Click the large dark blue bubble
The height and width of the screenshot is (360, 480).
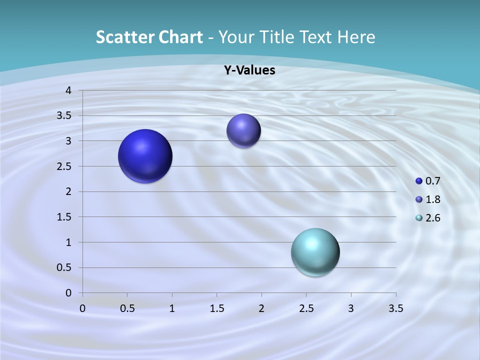coord(145,156)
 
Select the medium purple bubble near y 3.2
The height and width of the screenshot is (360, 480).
coord(243,130)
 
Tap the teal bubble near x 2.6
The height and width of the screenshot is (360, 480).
coord(315,252)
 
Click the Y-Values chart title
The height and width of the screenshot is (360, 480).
coord(249,70)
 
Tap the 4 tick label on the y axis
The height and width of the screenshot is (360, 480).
coord(68,90)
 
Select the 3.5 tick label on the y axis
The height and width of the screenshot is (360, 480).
coord(65,115)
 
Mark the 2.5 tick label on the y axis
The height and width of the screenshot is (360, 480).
coord(65,166)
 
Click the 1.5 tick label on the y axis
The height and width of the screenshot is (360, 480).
coord(65,217)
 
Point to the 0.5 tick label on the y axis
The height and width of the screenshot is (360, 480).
coord(65,267)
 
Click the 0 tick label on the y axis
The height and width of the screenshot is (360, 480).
coord(68,293)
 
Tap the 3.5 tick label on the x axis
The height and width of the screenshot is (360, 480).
coord(395,308)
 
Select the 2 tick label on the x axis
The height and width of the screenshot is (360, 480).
coord(261,308)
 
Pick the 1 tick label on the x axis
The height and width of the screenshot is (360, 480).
coord(172,308)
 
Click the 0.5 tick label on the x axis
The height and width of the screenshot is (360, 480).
coord(127,308)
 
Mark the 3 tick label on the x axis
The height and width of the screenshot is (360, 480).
coord(351,308)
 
